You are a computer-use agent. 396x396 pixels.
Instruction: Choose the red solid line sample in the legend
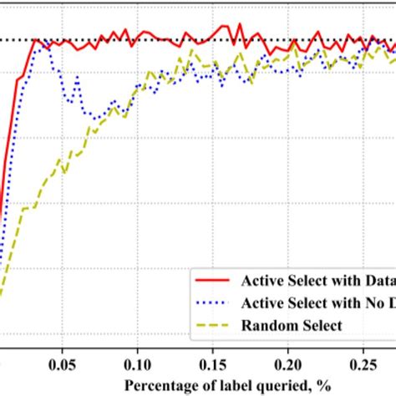[x=214, y=280]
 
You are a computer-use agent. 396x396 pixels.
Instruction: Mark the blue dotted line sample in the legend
[x=214, y=302]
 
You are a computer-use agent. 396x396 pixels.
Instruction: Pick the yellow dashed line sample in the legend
[x=214, y=325]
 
